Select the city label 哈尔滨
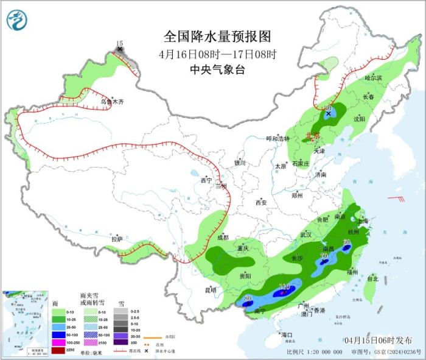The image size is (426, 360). (373, 78)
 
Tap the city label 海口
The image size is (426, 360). (286, 335)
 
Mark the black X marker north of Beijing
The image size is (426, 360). (329, 113)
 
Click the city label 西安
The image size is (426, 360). (261, 202)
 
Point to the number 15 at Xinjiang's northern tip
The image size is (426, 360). (119, 43)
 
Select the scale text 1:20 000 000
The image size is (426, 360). (328, 352)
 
